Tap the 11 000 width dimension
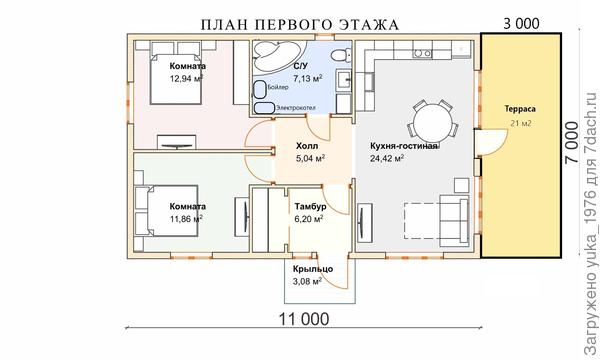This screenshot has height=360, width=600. [x=299, y=319]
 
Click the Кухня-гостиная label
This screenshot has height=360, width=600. [x=405, y=146]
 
